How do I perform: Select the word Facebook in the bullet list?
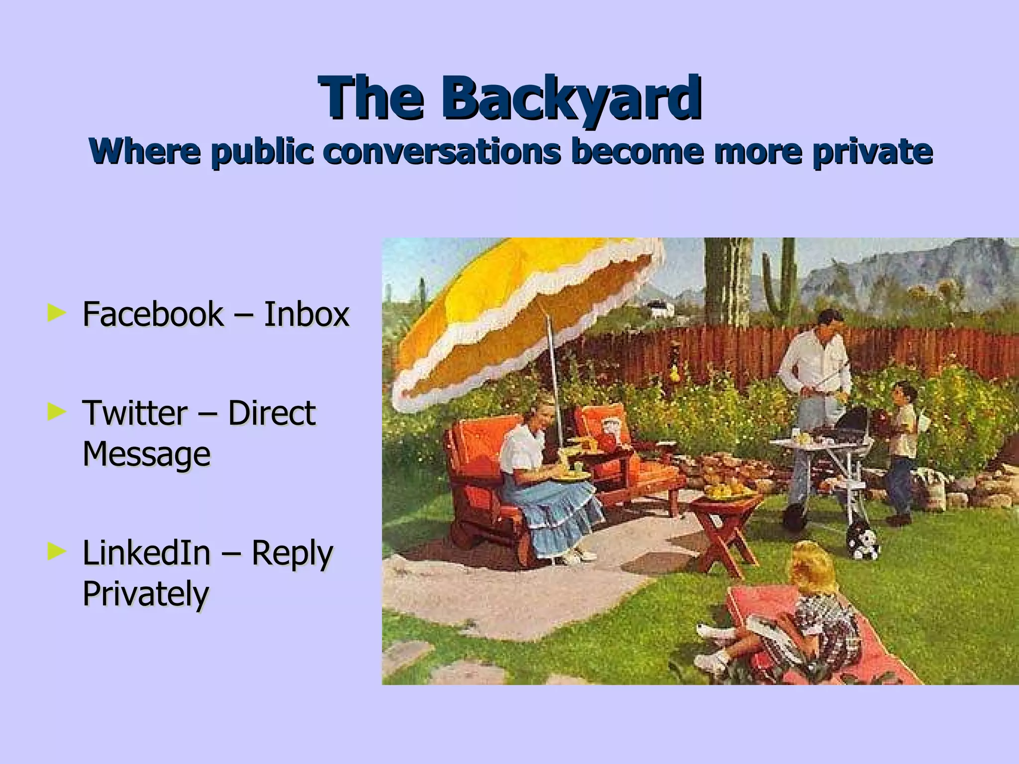point(153,314)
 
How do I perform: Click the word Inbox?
point(306,314)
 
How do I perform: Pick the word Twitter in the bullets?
point(135,413)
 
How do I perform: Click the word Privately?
point(145,594)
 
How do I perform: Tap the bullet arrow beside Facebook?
point(56,313)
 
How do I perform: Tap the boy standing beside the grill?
point(903,448)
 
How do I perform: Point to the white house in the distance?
point(659,308)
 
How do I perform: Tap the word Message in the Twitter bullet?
point(146,455)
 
